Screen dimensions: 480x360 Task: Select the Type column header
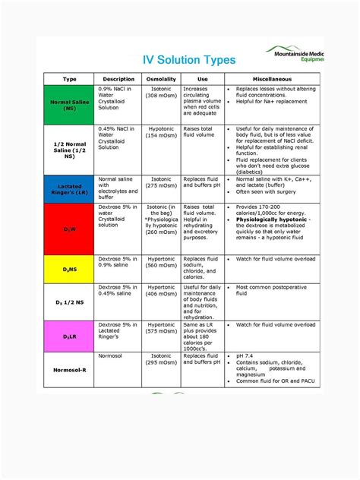tap(69, 79)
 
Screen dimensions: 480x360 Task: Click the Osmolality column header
tap(160, 79)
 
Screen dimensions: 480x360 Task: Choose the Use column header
tap(203, 79)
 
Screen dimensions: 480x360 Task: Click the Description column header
tap(118, 79)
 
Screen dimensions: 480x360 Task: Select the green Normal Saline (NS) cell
tap(69, 104)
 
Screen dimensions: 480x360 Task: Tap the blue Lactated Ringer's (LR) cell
tap(69, 188)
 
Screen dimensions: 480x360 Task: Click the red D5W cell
tap(69, 229)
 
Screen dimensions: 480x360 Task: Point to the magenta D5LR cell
tap(69, 336)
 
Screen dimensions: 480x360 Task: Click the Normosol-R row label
tap(69, 372)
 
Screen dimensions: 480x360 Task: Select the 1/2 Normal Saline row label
tap(69, 150)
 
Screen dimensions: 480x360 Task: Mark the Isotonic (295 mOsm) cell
tap(160, 359)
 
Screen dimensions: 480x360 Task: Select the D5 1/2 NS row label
tap(69, 302)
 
